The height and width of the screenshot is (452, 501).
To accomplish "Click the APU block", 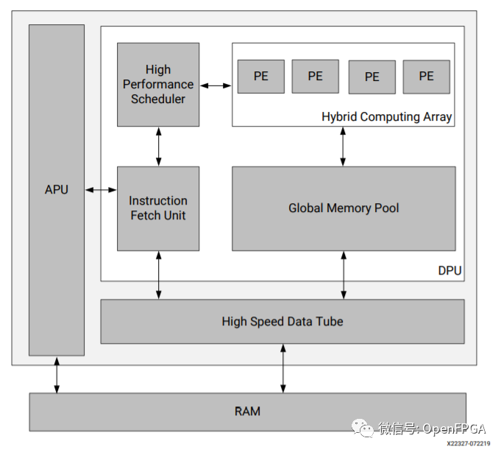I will coord(56,190).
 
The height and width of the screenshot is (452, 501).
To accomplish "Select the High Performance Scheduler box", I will coord(158,84).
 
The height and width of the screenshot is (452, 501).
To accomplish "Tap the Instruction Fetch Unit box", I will coord(158,208).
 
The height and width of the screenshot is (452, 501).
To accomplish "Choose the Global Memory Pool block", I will coord(344,208).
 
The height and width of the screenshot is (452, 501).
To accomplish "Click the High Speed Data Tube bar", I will coord(283,322).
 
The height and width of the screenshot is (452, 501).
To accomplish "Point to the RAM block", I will coord(247,412).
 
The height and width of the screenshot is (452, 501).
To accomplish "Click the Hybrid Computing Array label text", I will coord(386,117).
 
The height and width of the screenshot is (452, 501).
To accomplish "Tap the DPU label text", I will coord(450,271).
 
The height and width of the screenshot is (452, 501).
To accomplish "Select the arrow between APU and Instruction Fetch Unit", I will coord(101,190).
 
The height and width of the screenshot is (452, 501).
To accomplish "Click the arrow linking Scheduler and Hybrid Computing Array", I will coord(216,86).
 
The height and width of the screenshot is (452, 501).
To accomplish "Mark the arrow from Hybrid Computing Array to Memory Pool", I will coord(343,146).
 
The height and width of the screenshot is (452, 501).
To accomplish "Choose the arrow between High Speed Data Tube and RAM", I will coord(283,368).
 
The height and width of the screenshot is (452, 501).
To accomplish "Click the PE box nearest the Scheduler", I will coord(261,77).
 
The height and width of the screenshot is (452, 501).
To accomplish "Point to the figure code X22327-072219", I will coord(468,444).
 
